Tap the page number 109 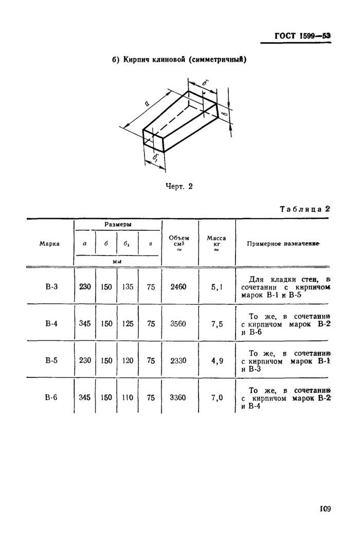pyautogui.click(x=323, y=509)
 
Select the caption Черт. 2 pyautogui.click(x=178, y=187)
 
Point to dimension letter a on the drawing pyautogui.click(x=148, y=104)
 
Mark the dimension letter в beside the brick pyautogui.click(x=224, y=111)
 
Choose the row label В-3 pyautogui.click(x=51, y=286)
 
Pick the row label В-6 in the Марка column pyautogui.click(x=51, y=397)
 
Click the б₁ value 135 pyautogui.click(x=128, y=286)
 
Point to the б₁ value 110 pyautogui.click(x=128, y=397)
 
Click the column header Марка pyautogui.click(x=50, y=244)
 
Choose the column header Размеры pyautogui.click(x=117, y=225)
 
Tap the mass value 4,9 pyautogui.click(x=217, y=360)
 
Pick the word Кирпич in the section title pyautogui.click(x=135, y=60)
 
